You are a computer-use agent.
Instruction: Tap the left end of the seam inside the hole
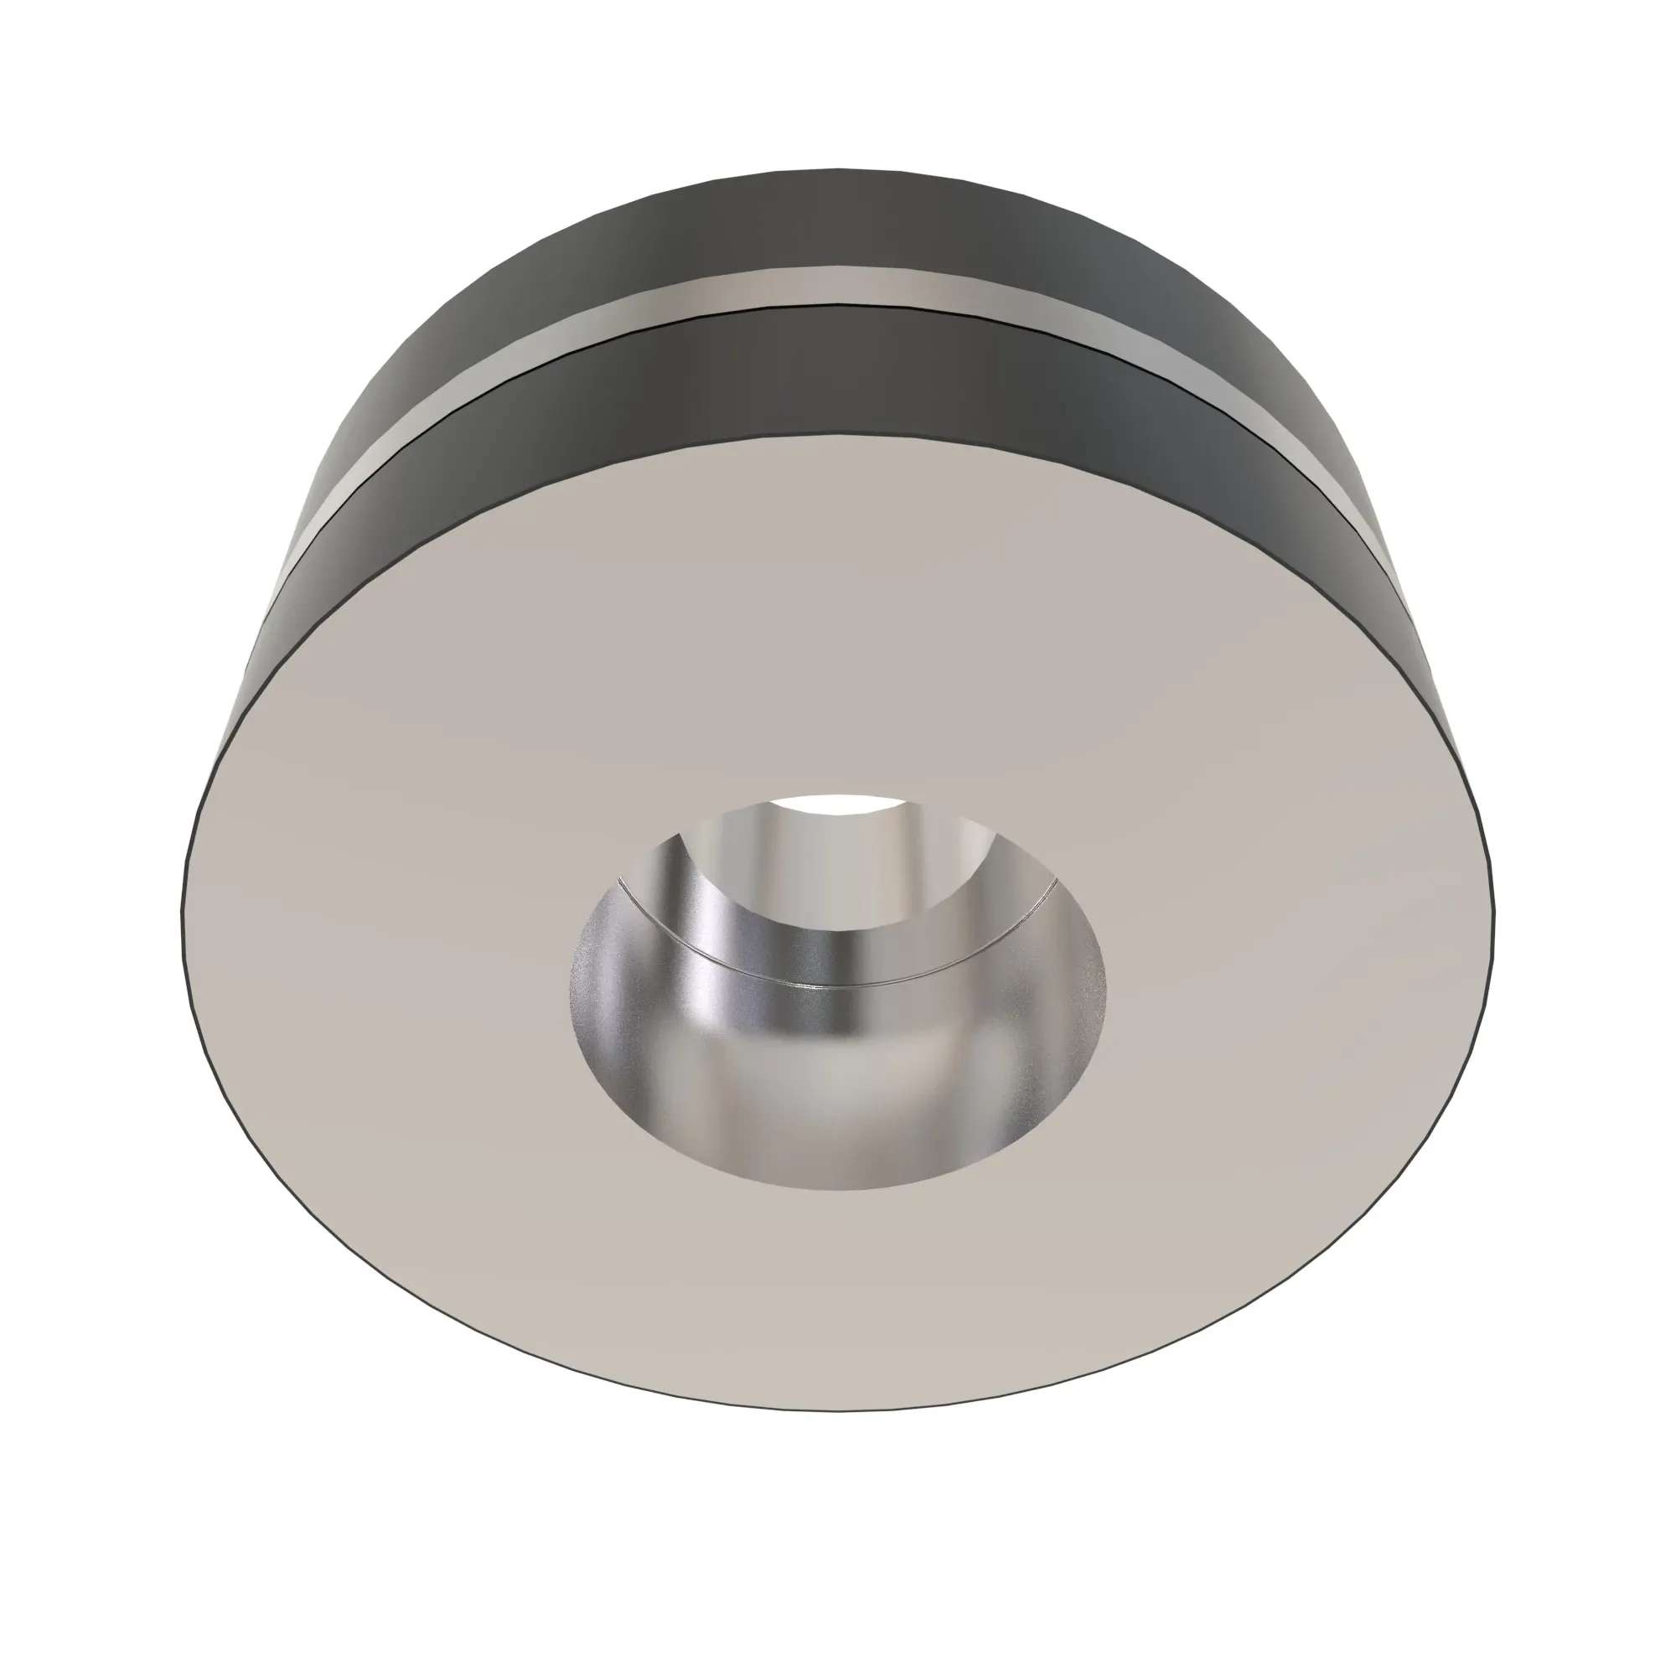[618, 878]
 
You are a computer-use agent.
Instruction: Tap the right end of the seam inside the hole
[1056, 880]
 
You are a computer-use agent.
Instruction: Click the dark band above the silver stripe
[833, 221]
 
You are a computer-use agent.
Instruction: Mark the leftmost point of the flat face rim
[181, 903]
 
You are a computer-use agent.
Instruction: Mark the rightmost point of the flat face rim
[1494, 903]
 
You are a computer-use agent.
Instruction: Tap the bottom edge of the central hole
[837, 1189]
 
